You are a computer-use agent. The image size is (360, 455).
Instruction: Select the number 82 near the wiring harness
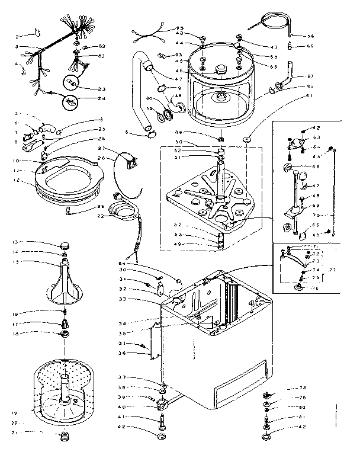pos(101,46)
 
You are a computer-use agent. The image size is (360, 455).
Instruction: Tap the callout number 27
pos(101,148)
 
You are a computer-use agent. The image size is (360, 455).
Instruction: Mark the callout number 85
pos(180,28)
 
